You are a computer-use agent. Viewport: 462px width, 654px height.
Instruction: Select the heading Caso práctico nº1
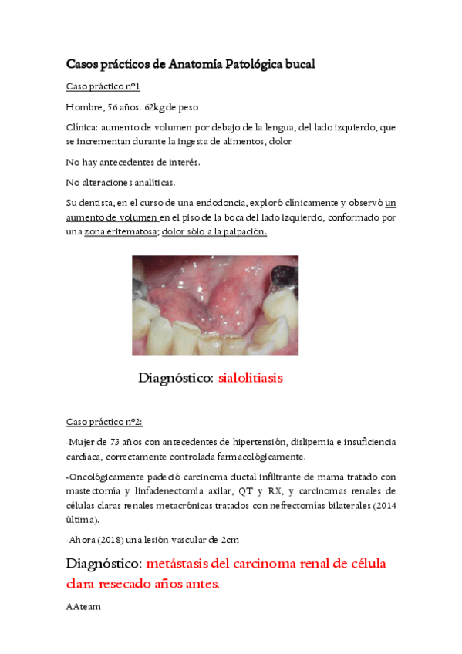click(103, 86)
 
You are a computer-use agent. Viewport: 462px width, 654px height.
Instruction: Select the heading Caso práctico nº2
click(104, 422)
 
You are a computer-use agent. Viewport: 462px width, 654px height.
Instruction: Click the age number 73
click(116, 441)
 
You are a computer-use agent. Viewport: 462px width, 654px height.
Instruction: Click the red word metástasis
click(180, 563)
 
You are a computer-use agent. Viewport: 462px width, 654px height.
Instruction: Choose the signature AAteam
click(83, 607)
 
